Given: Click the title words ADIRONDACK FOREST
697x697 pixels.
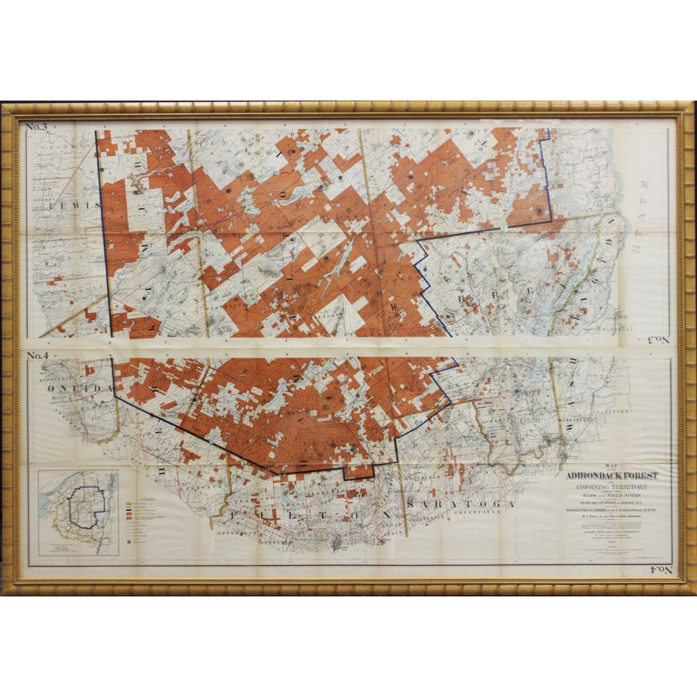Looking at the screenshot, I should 612,475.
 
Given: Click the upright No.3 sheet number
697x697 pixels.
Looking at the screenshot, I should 36,126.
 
